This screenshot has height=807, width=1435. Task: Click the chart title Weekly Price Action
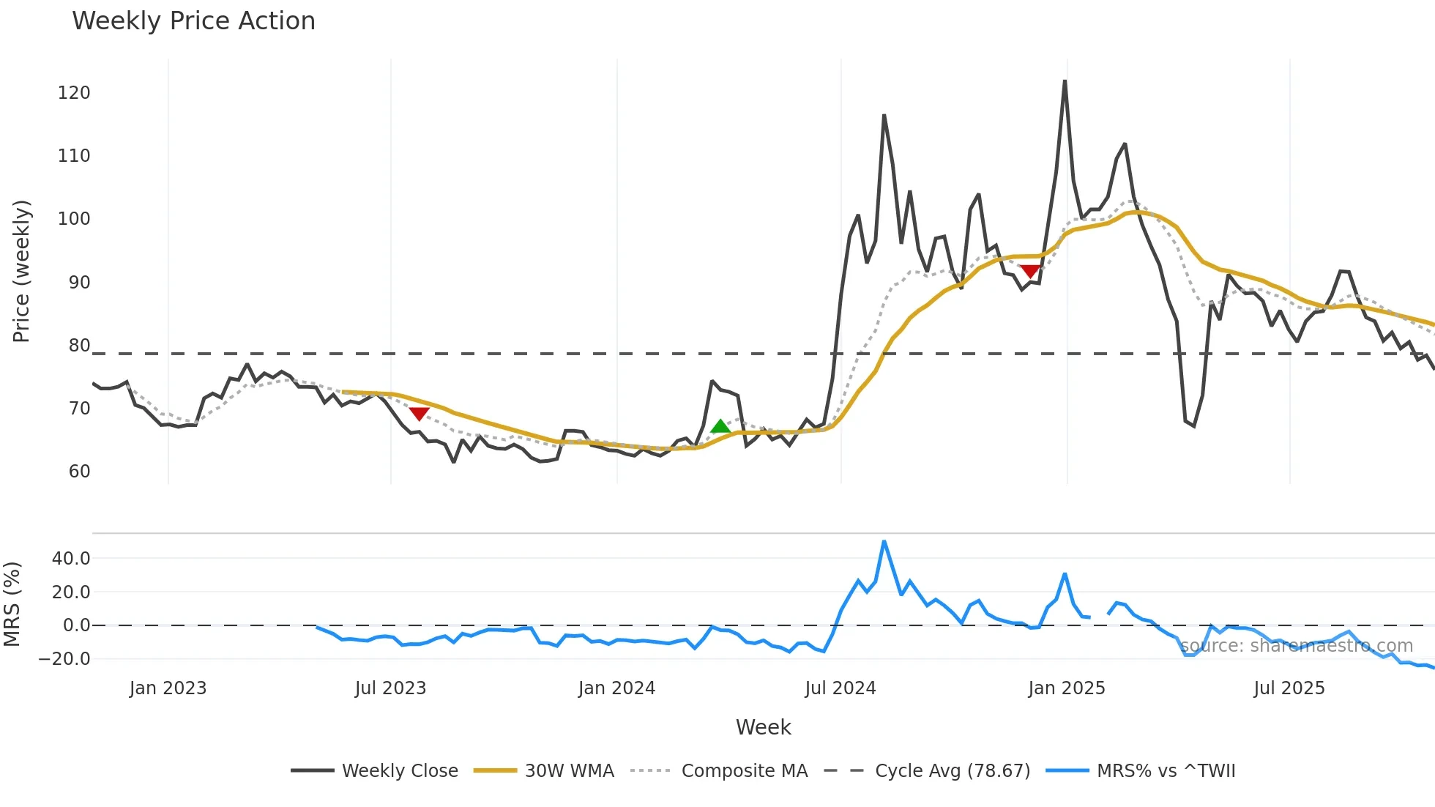click(193, 21)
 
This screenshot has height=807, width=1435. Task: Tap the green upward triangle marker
click(720, 426)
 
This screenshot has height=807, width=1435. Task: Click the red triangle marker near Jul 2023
click(418, 414)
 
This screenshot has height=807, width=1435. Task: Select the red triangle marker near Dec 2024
click(1030, 272)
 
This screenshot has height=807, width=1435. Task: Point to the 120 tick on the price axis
click(74, 93)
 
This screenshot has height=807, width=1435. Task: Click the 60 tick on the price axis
click(79, 472)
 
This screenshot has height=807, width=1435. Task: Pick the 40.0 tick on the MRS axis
click(71, 559)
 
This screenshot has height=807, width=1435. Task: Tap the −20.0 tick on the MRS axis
click(65, 659)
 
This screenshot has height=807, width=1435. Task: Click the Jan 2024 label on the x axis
click(616, 688)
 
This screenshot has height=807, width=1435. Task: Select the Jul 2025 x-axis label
click(1289, 688)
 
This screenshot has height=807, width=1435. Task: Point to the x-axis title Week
click(763, 727)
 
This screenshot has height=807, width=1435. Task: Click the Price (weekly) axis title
click(21, 271)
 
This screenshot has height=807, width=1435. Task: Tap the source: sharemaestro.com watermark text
click(1296, 646)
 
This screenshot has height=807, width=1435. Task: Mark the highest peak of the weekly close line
click(1065, 81)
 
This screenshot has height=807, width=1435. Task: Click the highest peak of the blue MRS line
click(884, 542)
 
